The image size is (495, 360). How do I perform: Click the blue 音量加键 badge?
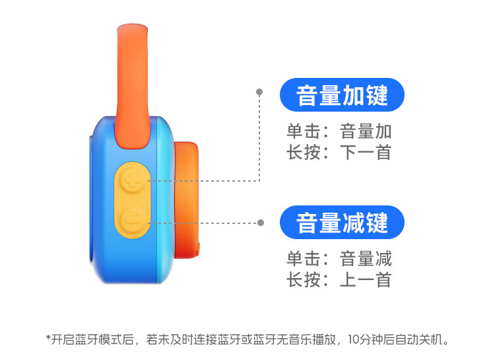click(342, 96)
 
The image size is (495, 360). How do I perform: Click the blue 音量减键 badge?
click(342, 223)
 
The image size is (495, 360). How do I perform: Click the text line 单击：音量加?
click(339, 131)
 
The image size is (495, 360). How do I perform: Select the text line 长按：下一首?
click(339, 153)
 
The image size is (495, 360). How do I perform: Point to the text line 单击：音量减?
click(339, 257)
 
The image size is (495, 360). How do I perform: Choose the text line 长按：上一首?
click(339, 279)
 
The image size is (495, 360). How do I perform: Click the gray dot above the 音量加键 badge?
click(259, 92)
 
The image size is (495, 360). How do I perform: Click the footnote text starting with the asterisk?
click(247, 340)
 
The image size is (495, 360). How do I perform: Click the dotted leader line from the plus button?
click(259, 145)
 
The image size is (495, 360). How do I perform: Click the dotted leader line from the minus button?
click(205, 223)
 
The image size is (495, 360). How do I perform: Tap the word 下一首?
click(366, 153)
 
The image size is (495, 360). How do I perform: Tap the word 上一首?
click(366, 279)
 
